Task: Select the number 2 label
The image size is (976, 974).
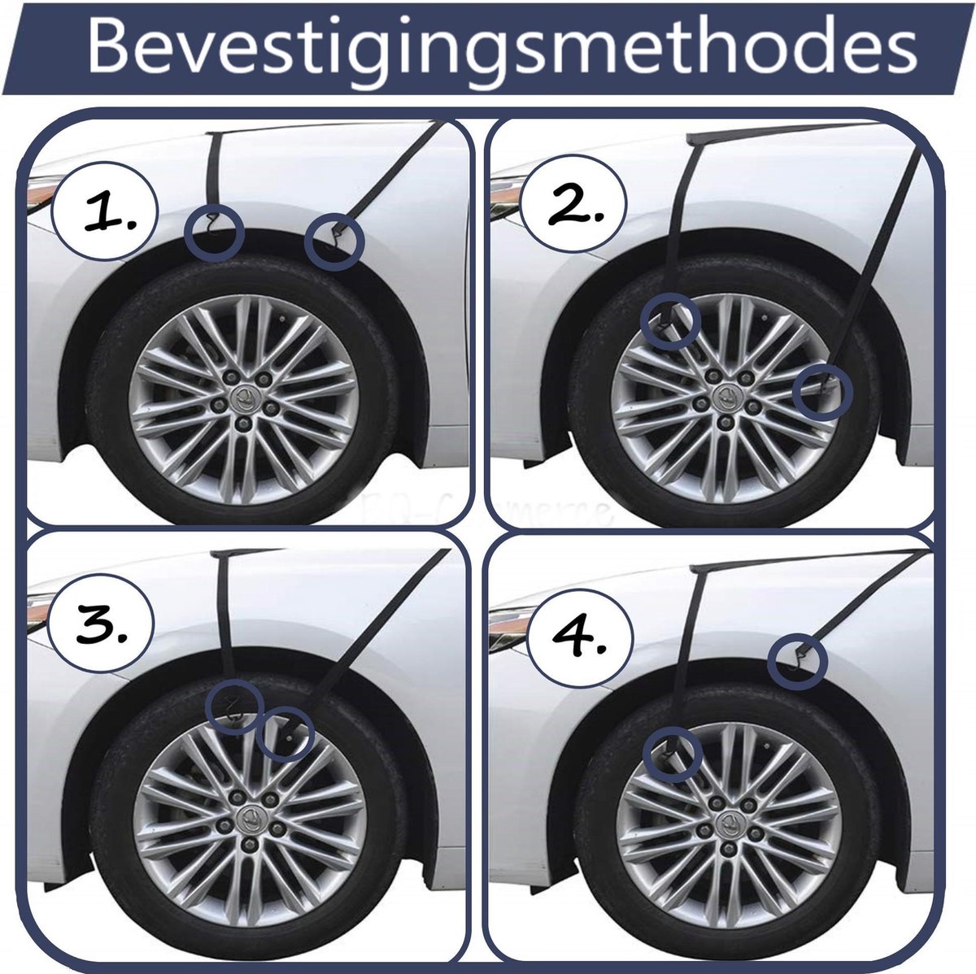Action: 574,207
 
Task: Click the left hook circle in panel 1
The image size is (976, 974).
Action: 214,233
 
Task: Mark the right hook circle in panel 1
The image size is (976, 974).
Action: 334,241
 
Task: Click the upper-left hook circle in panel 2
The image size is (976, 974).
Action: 670,320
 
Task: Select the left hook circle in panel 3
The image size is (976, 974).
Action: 235,707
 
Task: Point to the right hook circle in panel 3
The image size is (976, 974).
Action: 285,734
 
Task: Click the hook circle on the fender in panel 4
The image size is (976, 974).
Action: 798,660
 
